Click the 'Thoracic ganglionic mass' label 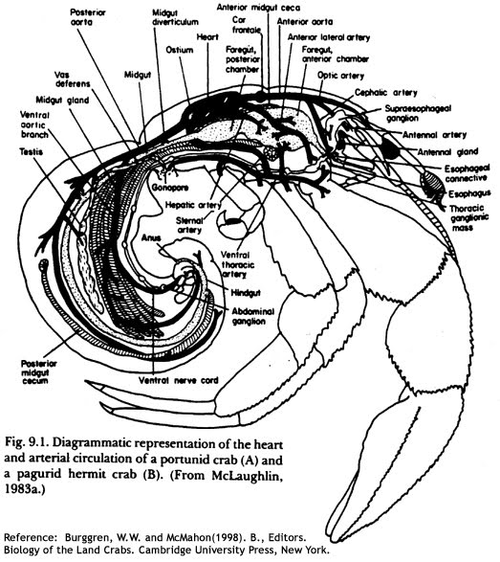(x=465, y=215)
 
